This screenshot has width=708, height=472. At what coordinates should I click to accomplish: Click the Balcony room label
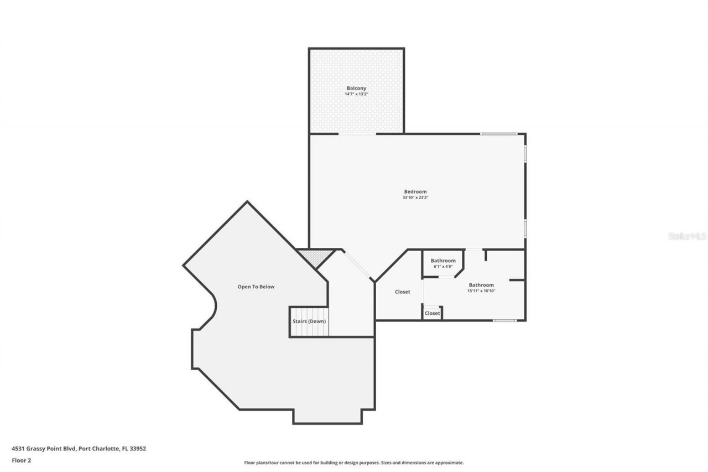(356, 88)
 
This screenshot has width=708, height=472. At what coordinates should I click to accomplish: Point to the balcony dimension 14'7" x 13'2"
(356, 94)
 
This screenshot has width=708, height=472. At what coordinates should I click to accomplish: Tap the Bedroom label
(415, 191)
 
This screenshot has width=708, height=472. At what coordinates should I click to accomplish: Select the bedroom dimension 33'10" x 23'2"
(415, 198)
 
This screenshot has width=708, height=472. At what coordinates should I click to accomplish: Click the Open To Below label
(256, 287)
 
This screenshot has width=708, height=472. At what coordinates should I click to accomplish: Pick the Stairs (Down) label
(309, 321)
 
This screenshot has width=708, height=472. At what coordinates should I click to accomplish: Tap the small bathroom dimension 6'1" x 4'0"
(443, 267)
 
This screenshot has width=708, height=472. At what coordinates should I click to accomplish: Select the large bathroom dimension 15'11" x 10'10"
(481, 291)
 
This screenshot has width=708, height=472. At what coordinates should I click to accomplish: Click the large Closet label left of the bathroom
(402, 292)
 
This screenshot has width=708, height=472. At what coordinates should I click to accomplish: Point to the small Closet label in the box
(432, 313)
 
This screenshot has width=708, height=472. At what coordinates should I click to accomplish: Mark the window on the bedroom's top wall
(498, 133)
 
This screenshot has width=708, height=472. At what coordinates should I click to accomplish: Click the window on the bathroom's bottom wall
(504, 320)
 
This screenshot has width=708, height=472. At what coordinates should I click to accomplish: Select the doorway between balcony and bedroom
(357, 133)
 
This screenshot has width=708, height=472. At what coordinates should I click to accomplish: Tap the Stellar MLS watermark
(687, 236)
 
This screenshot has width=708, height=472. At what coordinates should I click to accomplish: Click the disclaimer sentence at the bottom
(354, 463)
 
